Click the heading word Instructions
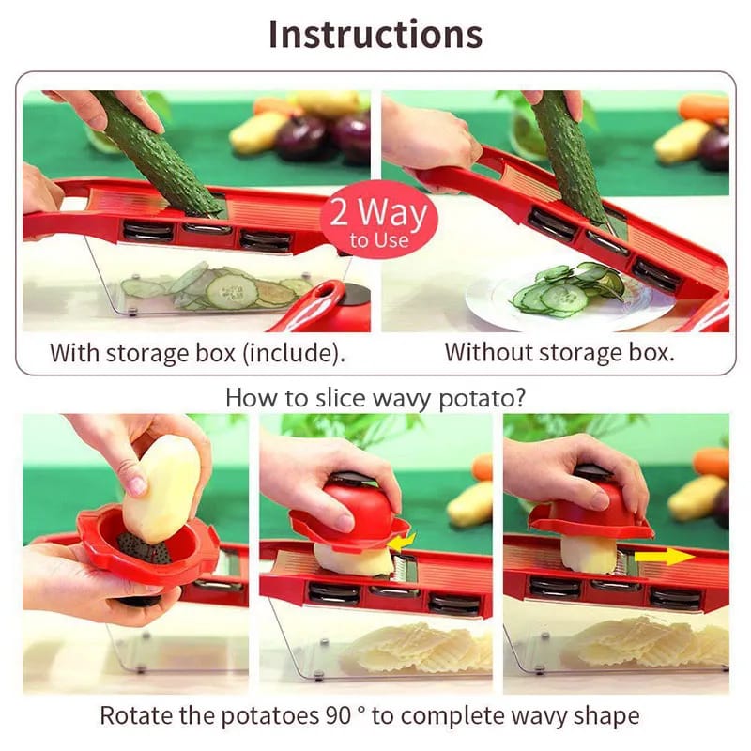375,34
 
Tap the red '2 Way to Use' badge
379,222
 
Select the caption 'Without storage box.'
559,353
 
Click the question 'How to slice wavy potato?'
375,396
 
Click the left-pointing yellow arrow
403,542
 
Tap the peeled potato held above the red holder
161,488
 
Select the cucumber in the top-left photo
160,150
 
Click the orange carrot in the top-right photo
704,107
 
